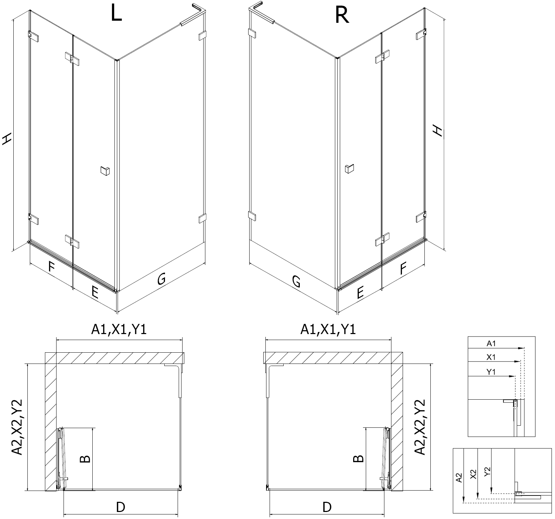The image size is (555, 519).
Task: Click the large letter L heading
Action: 116,14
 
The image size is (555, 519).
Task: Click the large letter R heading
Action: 342,15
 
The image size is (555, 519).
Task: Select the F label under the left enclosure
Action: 51,267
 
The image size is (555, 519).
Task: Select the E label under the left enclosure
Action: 95,292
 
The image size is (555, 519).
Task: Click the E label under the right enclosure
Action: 359,292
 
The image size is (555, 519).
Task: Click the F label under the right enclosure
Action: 403,269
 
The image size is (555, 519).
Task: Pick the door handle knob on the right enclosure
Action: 349,168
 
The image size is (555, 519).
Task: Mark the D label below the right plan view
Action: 326,507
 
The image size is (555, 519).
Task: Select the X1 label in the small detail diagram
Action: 491,357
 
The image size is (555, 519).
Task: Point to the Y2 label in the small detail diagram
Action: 487,471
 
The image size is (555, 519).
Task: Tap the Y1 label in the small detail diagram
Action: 491,372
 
